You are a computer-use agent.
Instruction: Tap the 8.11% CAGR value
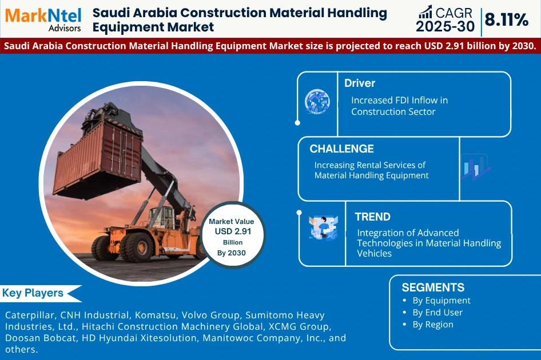click(x=507, y=20)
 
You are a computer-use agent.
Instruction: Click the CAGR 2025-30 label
click(x=445, y=19)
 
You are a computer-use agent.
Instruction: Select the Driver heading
click(x=360, y=83)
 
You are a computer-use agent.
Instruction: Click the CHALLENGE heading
click(x=341, y=149)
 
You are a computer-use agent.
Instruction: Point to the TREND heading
click(x=372, y=217)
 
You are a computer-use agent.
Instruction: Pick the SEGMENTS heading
click(x=433, y=287)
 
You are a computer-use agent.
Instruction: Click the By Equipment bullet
click(x=441, y=301)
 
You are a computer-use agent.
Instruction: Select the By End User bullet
click(x=437, y=313)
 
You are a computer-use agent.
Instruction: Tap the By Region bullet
click(x=432, y=325)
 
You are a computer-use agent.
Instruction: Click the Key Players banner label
click(x=33, y=293)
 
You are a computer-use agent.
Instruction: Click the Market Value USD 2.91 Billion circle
click(x=232, y=231)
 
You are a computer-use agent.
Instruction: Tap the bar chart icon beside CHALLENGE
click(x=476, y=167)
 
